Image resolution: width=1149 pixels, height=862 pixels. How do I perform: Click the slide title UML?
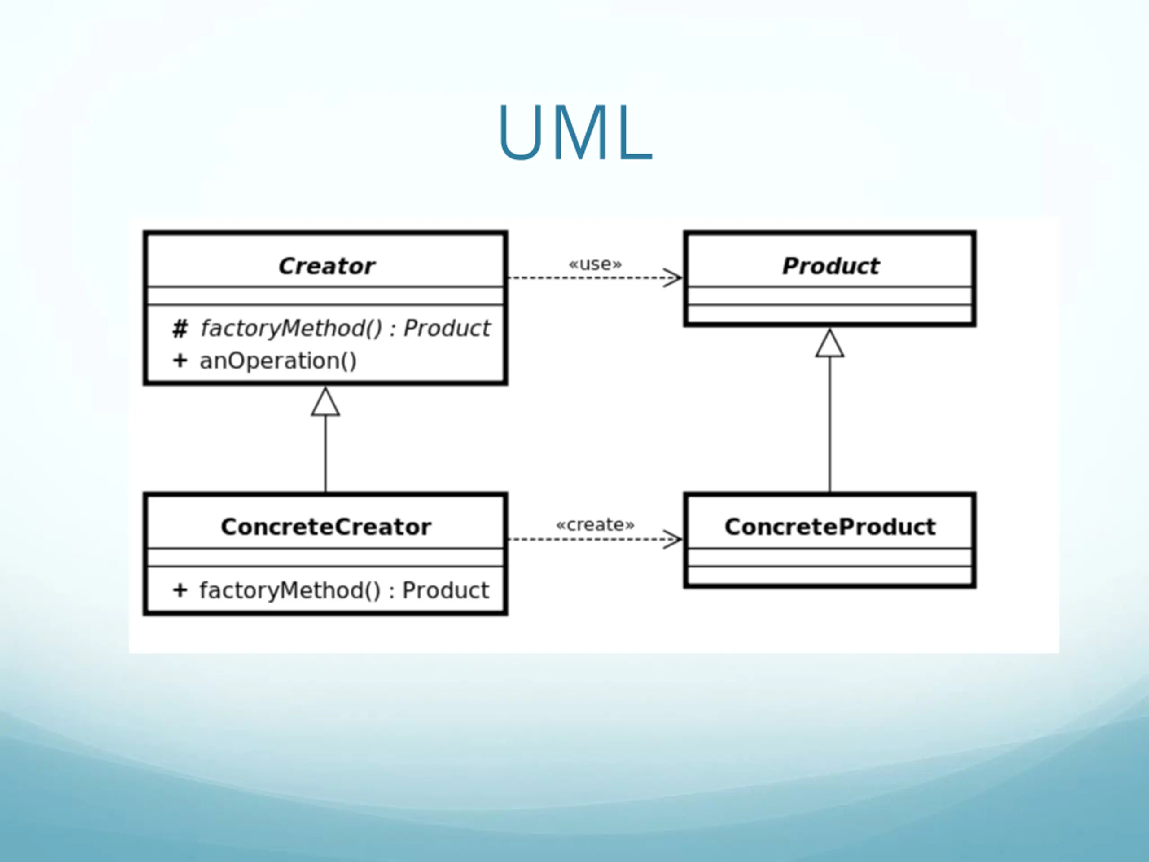click(x=575, y=132)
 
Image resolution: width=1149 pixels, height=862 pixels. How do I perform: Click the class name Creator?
click(x=326, y=266)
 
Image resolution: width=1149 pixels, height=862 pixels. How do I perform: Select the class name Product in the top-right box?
click(x=831, y=266)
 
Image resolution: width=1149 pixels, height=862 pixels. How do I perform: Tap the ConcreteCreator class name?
click(x=326, y=527)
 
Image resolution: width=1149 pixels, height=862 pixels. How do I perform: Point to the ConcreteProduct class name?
click(x=830, y=527)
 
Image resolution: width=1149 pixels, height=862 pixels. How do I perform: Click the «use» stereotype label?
click(x=595, y=264)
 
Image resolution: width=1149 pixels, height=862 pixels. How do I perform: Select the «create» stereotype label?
click(x=595, y=525)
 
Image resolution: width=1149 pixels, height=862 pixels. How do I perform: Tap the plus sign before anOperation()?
click(x=180, y=361)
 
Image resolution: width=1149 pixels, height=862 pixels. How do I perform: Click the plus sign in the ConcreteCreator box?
click(x=180, y=590)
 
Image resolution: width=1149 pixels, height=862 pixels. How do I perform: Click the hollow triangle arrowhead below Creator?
click(x=326, y=402)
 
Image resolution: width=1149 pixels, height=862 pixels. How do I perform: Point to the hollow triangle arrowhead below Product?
click(x=829, y=343)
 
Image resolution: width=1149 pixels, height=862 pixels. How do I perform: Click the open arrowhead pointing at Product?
click(x=673, y=277)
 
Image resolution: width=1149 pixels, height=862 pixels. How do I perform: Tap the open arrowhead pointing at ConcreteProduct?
click(x=673, y=539)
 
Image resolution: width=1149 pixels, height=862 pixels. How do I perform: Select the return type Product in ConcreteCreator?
click(x=446, y=591)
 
